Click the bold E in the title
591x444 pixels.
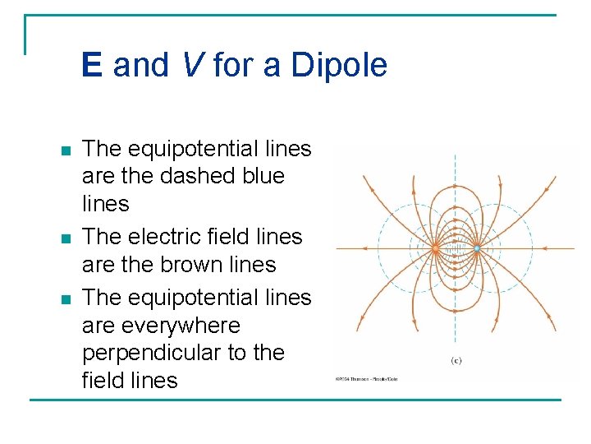coord(91,65)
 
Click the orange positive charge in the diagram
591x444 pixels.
coord(436,247)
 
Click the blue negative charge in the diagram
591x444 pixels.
coord(477,247)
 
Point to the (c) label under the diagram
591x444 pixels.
coord(456,359)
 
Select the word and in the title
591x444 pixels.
coord(140,65)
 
